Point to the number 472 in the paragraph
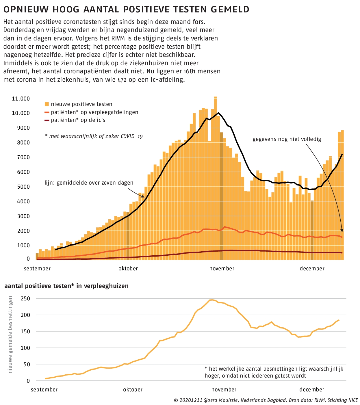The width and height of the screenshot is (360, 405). pyautogui.click(x=122, y=80)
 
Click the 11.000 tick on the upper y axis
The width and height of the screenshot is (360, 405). pyautogui.click(x=21, y=99)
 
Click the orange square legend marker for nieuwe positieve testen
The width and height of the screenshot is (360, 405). pyautogui.click(x=47, y=104)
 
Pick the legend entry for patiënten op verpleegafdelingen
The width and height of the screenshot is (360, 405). pyautogui.click(x=91, y=112)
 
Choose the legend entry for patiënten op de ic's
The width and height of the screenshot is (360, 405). pyautogui.click(x=75, y=120)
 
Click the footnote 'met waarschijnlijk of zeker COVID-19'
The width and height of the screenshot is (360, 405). pyautogui.click(x=94, y=136)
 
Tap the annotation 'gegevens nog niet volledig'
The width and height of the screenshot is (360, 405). pyautogui.click(x=287, y=139)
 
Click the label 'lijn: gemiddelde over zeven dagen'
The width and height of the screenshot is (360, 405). pyautogui.click(x=89, y=183)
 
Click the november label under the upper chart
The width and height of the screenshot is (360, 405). pyautogui.click(x=222, y=268)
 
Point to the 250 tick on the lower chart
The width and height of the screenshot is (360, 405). pyautogui.click(x=25, y=299)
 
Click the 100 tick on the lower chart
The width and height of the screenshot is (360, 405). pyautogui.click(x=25, y=348)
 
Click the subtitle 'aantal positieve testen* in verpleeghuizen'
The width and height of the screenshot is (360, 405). pyautogui.click(x=66, y=286)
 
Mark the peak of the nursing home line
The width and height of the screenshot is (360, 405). pyautogui.click(x=211, y=300)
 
